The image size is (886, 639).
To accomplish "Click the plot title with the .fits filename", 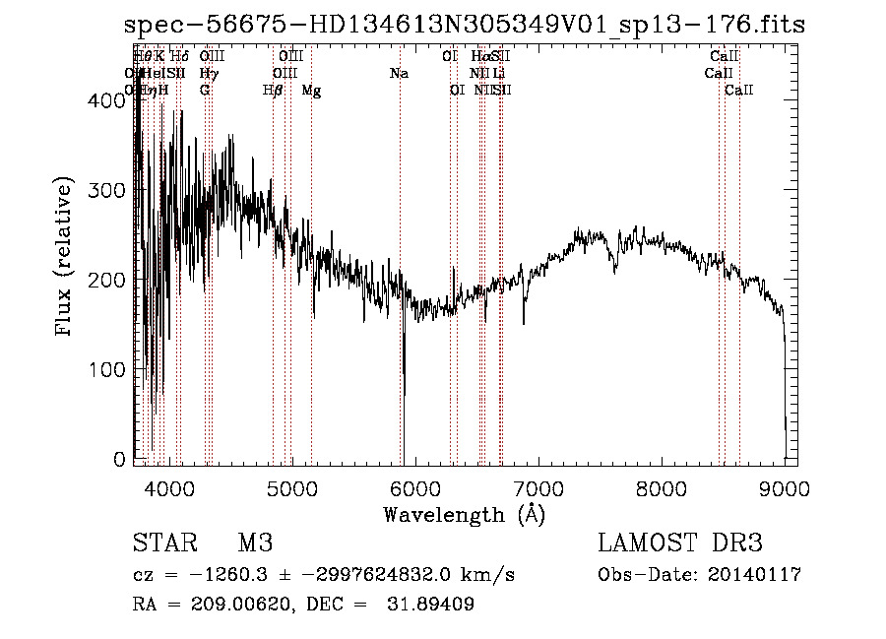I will (464, 26).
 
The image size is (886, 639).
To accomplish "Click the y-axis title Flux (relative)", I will (66, 258).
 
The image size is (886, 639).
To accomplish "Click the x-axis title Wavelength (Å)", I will (464, 514).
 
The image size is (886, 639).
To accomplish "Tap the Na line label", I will (399, 74).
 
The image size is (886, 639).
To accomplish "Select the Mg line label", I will (311, 91).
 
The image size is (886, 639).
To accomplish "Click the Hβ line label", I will (273, 91).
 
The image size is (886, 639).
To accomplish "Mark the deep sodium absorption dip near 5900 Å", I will (403, 384).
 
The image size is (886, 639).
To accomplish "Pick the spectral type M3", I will (255, 543).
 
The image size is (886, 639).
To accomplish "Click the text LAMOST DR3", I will (680, 543).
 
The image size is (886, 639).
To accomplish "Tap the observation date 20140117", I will (752, 575).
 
